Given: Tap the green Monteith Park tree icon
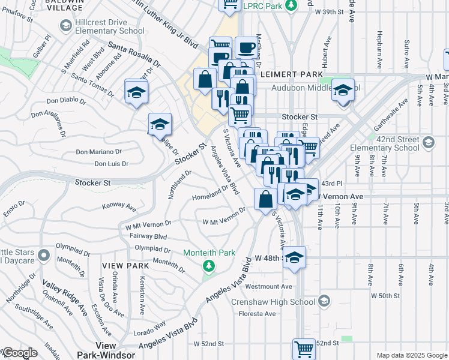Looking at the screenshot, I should pyautogui.click(x=209, y=265).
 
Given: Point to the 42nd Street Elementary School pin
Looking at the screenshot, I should pyautogui.click(x=428, y=142).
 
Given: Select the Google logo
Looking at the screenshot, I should pyautogui.click(x=19, y=353).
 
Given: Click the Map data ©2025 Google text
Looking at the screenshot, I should pyautogui.click(x=412, y=355).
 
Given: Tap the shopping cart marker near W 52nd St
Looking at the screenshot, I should pyautogui.click(x=304, y=349).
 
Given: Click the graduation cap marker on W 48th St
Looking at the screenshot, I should pyautogui.click(x=294, y=258).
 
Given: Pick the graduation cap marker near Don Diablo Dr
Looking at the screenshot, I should pyautogui.click(x=136, y=92).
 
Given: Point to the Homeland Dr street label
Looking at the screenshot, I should pyautogui.click(x=210, y=197).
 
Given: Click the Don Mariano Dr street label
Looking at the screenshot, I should pyautogui.click(x=98, y=152).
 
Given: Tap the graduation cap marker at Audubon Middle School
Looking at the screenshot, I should pyautogui.click(x=343, y=91).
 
